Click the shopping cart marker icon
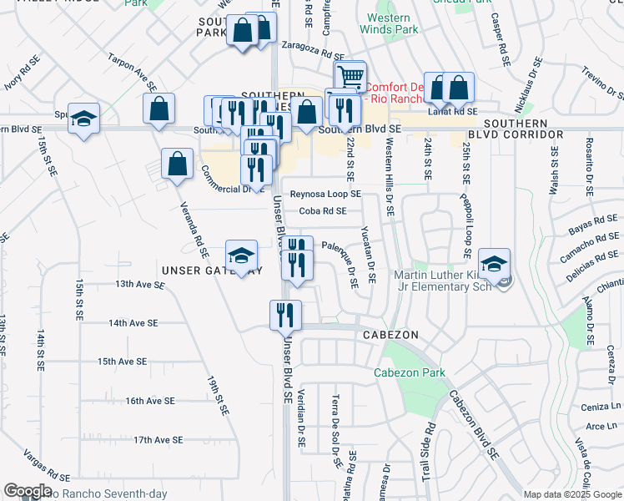point(350,76)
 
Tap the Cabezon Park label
point(409,372)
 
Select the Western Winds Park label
point(388,24)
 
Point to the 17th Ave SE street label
point(158,439)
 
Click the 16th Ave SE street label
point(149,401)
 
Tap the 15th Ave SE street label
point(122,362)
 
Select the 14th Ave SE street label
point(133,323)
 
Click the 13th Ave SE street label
point(140,285)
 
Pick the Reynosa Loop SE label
point(325,194)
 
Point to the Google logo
point(28,491)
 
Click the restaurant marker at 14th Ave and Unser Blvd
point(284,315)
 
